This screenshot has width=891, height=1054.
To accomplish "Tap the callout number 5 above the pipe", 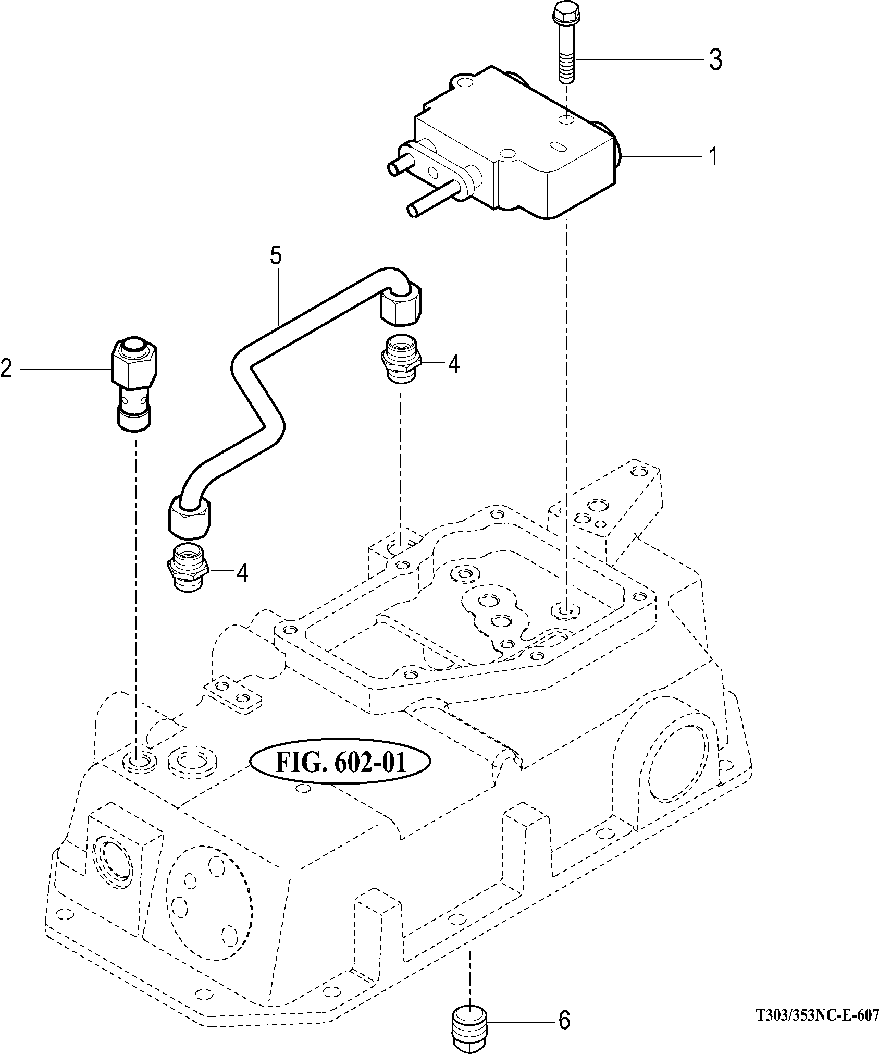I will [x=276, y=256].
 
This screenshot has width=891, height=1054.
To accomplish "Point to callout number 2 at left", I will [x=7, y=369].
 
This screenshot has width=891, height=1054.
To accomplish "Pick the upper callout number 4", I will [x=454, y=364].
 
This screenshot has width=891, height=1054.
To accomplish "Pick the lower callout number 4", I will [x=242, y=573].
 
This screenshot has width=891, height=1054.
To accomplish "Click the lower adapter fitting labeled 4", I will [x=187, y=567].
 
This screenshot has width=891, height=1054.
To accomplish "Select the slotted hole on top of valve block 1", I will [x=556, y=146].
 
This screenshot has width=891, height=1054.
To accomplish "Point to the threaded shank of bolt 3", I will [x=567, y=68].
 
